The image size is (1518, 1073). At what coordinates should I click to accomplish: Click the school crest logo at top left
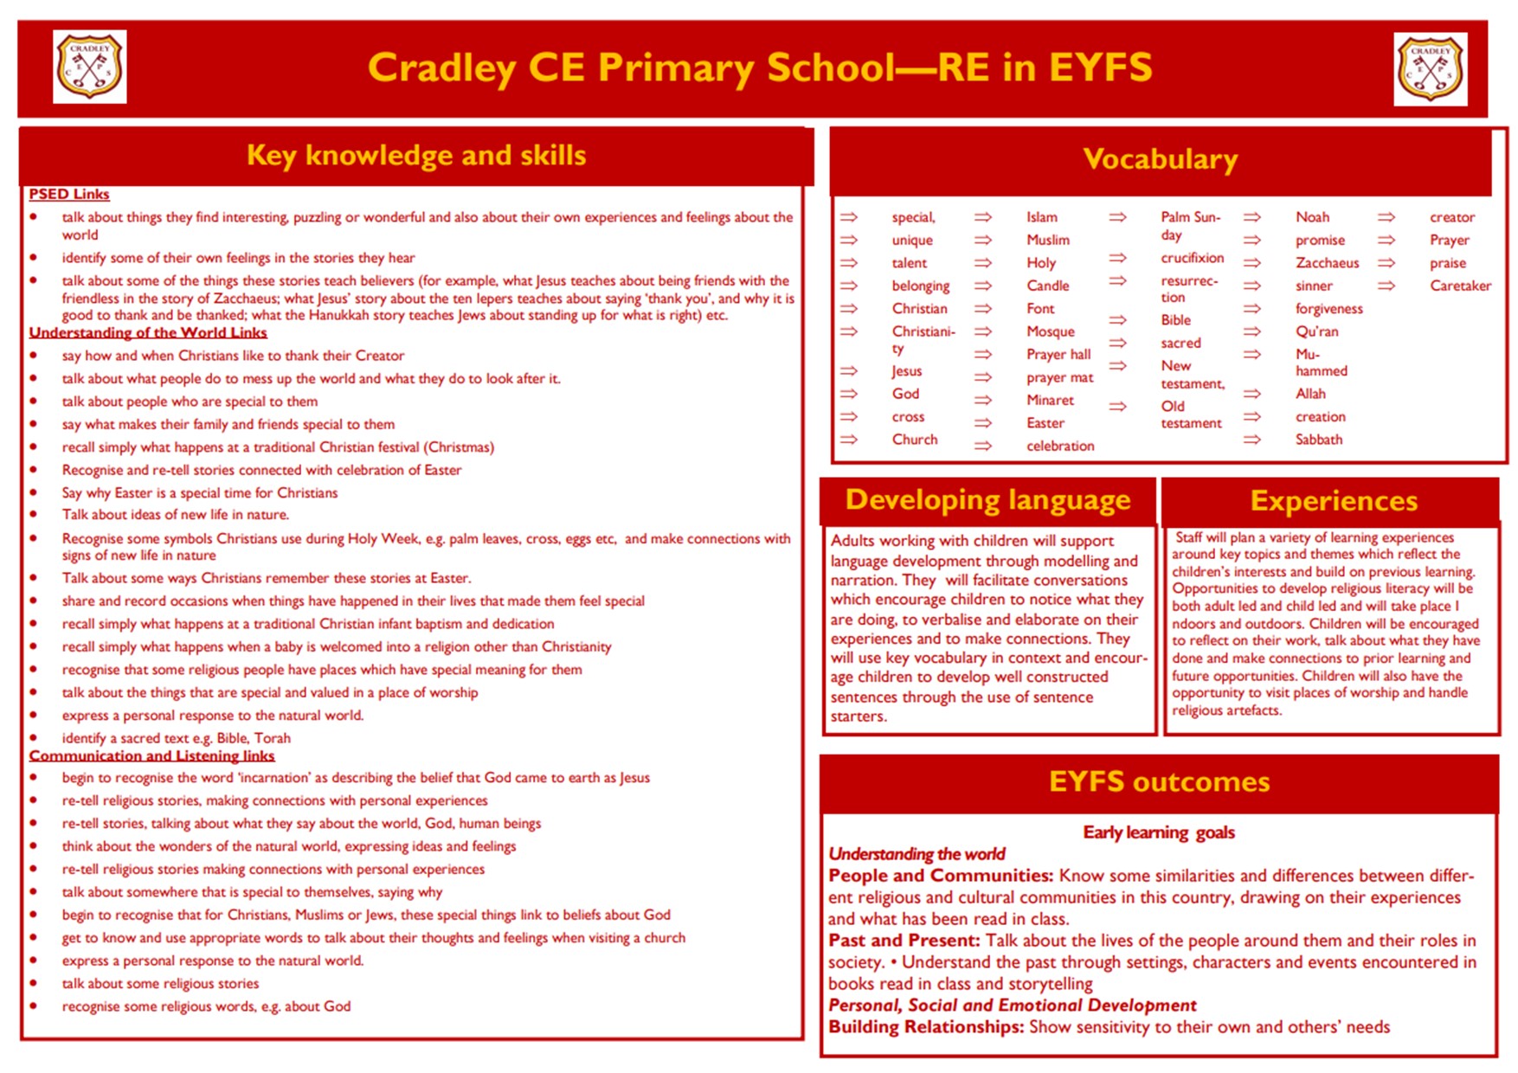tap(90, 67)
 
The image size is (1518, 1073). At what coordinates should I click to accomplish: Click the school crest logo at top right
tap(1430, 69)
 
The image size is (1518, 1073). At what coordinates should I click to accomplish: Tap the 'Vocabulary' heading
tap(1160, 159)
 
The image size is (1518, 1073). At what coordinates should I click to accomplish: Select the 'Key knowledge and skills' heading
tap(416, 155)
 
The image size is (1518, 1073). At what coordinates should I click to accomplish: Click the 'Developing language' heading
tap(987, 500)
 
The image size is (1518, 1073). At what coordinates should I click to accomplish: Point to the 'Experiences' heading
tap(1333, 501)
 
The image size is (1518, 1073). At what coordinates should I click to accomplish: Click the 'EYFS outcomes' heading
tap(1159, 782)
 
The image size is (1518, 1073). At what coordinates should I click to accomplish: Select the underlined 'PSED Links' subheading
tap(69, 194)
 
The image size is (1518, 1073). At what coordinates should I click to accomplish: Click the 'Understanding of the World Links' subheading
tap(148, 332)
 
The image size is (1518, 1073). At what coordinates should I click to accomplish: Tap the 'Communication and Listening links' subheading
tap(151, 755)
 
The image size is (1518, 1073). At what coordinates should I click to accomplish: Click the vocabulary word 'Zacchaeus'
tap(1327, 263)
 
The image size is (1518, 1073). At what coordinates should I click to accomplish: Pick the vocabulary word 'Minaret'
tap(1050, 400)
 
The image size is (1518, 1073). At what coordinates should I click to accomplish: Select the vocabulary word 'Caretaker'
tap(1460, 286)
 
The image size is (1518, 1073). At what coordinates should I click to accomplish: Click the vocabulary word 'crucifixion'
tap(1192, 258)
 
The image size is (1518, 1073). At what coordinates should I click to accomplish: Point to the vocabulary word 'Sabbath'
tap(1318, 440)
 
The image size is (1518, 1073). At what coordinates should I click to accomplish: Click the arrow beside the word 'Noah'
tap(1252, 217)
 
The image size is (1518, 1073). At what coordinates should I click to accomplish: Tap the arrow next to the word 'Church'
tap(849, 440)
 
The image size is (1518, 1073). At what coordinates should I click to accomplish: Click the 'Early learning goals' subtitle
tap(1159, 832)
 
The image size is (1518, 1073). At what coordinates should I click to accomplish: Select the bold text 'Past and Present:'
tap(904, 941)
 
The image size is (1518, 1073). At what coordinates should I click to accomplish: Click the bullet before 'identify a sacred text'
tap(34, 738)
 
